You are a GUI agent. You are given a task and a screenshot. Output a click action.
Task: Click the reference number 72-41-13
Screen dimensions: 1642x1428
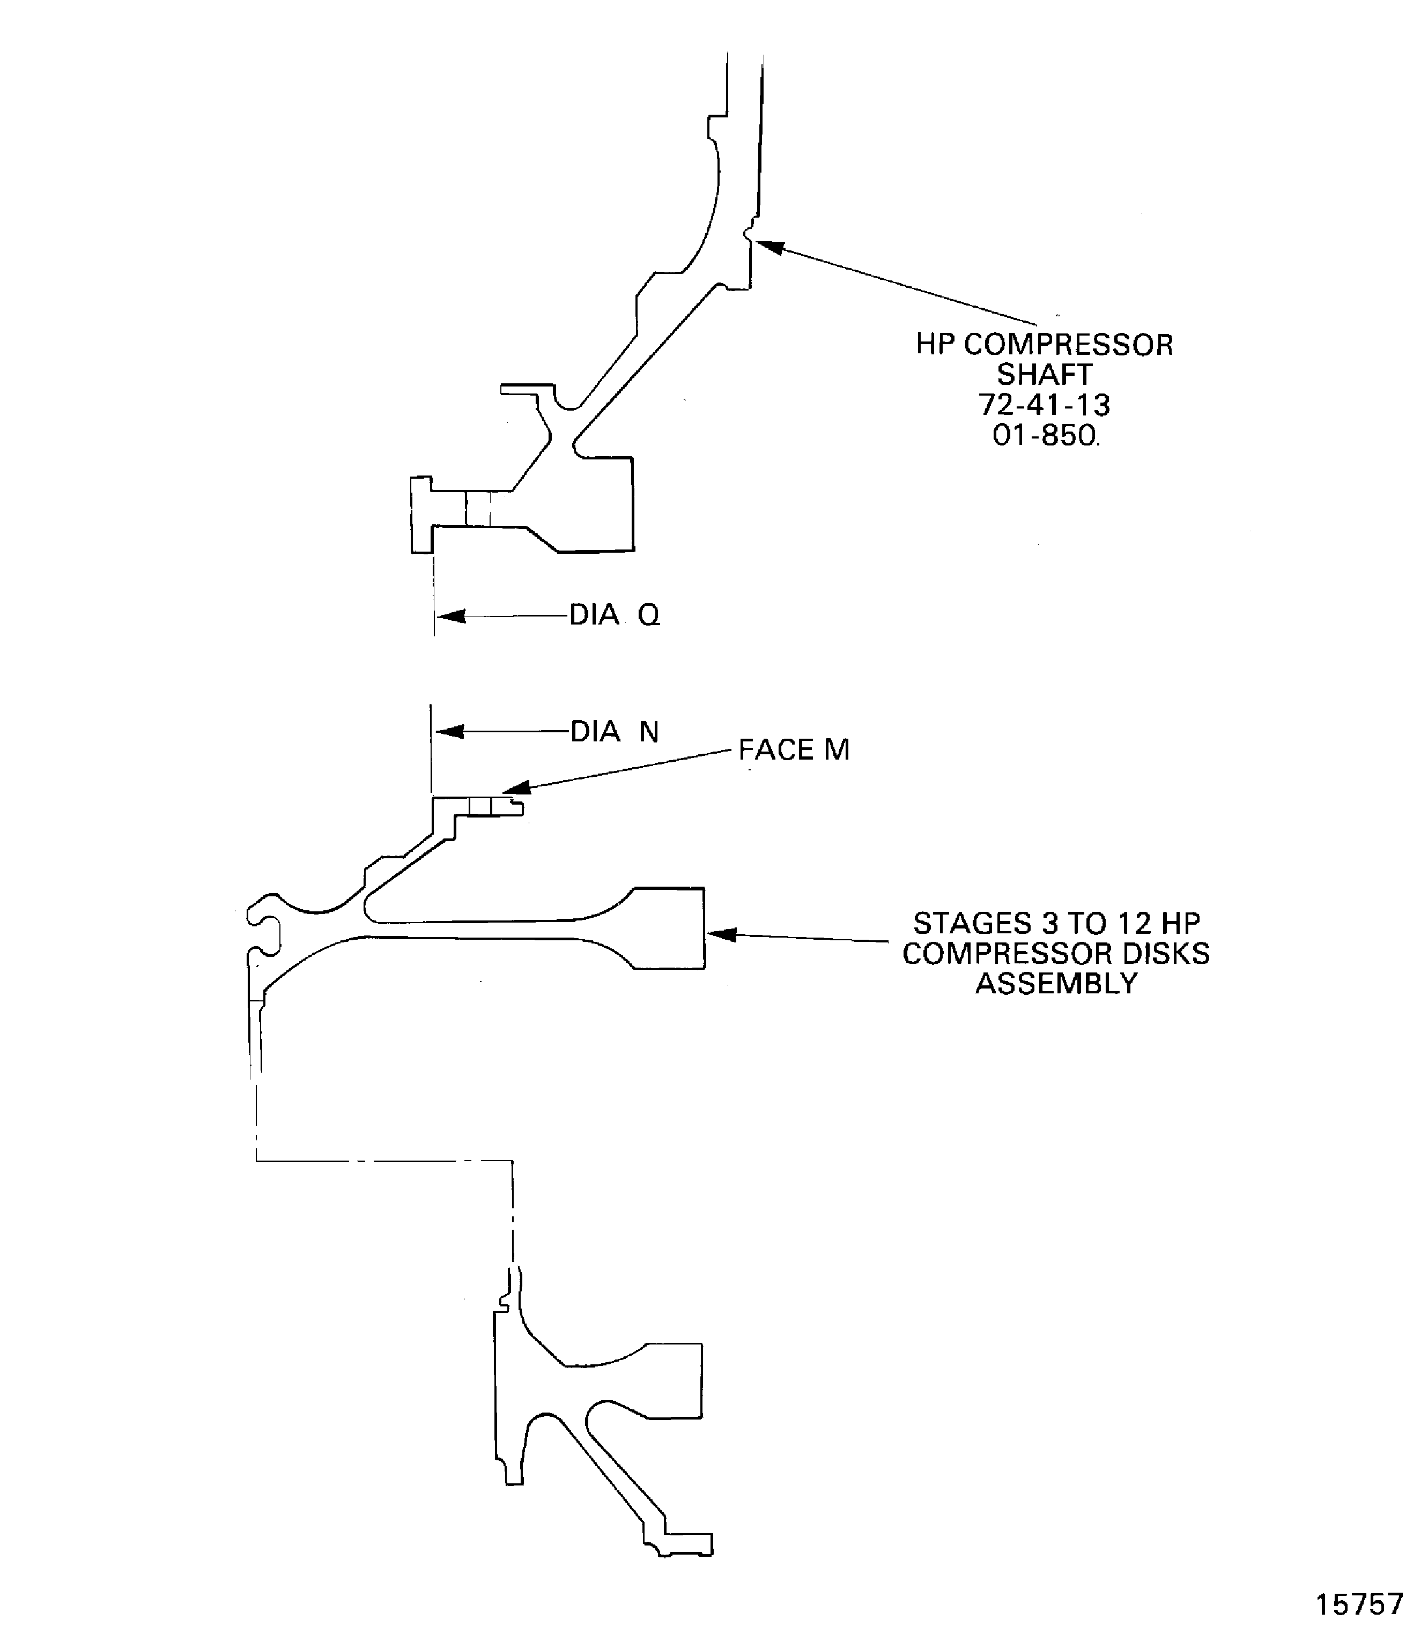tap(1044, 405)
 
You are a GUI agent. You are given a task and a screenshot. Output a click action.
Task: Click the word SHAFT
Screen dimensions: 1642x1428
tap(1044, 375)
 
